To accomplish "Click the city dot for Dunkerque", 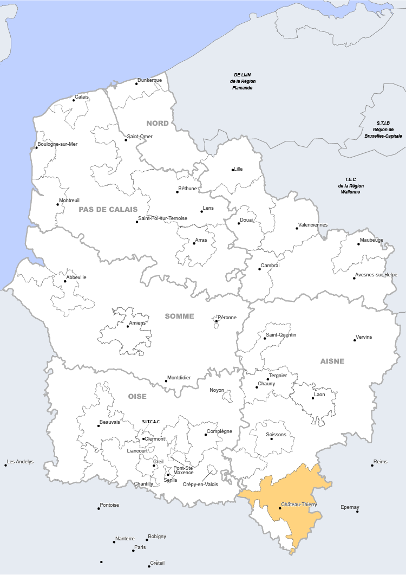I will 136,84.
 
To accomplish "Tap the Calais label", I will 82,97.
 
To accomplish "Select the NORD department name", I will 158,124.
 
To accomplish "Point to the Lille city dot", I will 233,170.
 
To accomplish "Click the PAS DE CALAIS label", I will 108,209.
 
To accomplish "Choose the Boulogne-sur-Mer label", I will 58,144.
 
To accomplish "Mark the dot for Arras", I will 194,243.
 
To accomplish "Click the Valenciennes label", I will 313,225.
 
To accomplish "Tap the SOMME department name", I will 179,316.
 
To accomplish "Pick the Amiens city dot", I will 128,326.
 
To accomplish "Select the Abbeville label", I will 76,277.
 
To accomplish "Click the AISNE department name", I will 332,361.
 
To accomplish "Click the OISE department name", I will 137,397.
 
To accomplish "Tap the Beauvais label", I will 110,422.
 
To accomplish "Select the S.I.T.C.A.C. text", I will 152,422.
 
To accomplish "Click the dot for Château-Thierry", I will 280,508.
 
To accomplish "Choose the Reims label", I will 381,462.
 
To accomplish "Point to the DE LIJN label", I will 242,75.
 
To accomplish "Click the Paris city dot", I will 133,551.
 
